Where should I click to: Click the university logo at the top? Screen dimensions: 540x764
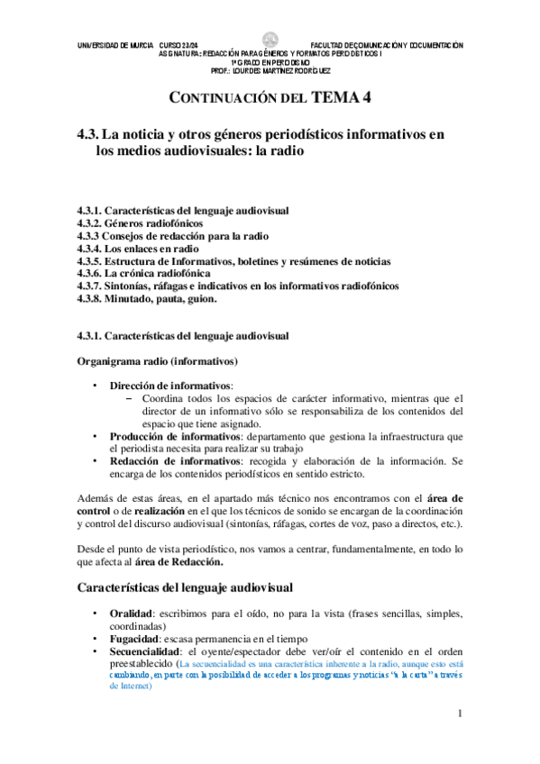point(270,40)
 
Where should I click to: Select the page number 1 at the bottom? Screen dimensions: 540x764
point(460,714)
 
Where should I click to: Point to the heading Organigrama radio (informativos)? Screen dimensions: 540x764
point(159,361)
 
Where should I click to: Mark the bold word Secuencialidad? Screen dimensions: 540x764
point(147,650)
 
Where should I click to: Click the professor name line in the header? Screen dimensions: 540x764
point(270,69)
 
